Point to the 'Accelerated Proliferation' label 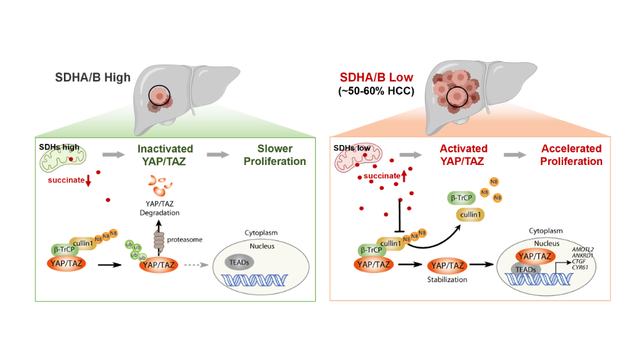(571, 155)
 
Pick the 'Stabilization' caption (447, 279)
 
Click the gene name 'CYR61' (580, 258)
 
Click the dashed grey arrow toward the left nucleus (195, 263)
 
